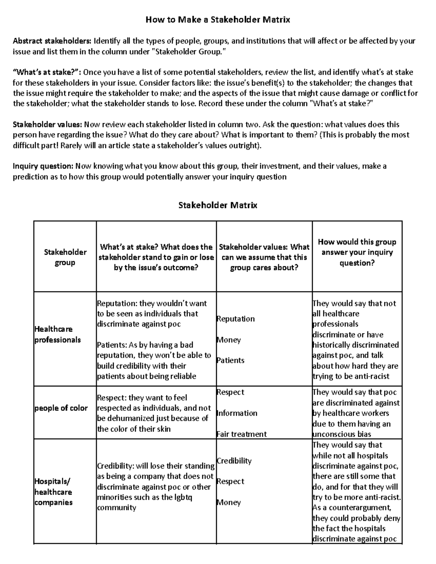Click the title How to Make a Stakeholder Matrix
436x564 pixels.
point(218,20)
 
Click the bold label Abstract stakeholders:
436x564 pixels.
point(52,41)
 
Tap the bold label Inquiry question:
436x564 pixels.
point(43,166)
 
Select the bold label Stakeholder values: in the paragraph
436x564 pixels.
point(48,125)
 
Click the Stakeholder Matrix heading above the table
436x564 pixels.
point(218,205)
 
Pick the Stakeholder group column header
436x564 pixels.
point(65,257)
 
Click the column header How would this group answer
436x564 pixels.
point(357,252)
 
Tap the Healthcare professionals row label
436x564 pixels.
point(57,334)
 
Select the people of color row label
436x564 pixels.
point(61,408)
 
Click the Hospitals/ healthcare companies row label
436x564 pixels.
point(53,492)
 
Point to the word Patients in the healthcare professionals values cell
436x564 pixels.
point(231,361)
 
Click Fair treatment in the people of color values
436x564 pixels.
point(242,434)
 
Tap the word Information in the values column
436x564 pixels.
point(237,413)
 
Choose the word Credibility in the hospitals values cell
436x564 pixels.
point(234,461)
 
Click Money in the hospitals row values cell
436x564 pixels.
point(229,503)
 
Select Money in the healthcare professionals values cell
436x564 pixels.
point(229,340)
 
